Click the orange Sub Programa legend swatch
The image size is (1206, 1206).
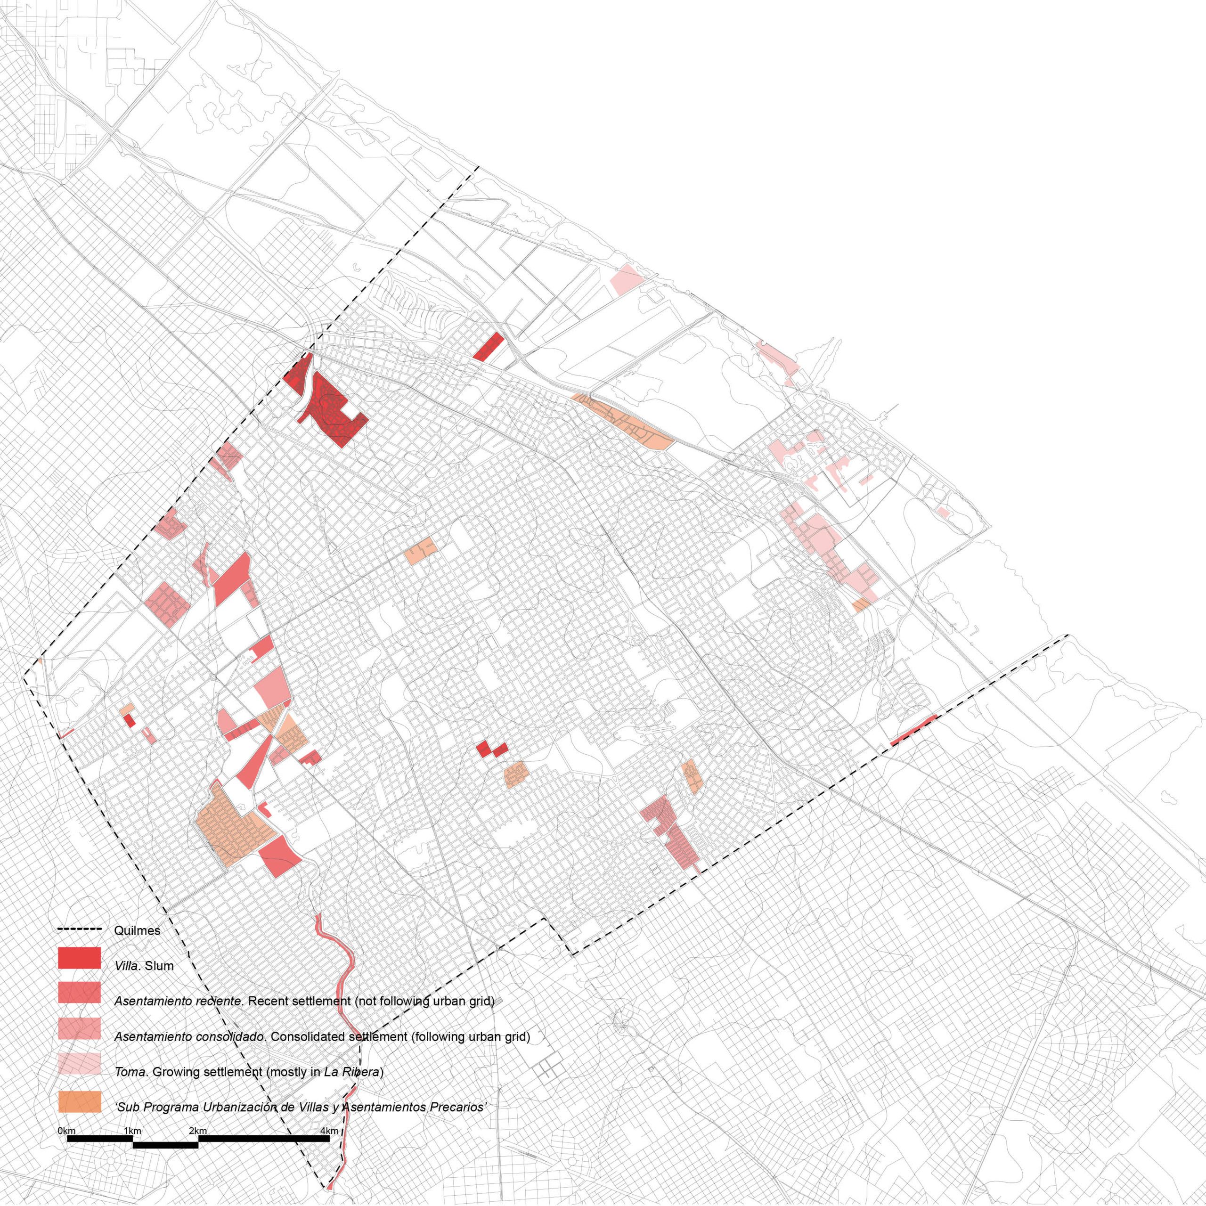pyautogui.click(x=79, y=1102)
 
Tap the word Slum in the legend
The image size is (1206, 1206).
pyautogui.click(x=159, y=966)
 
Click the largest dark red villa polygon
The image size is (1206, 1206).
pyautogui.click(x=331, y=412)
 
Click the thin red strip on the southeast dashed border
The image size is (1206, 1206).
pyautogui.click(x=913, y=730)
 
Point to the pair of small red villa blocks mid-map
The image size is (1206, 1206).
pyautogui.click(x=491, y=750)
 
